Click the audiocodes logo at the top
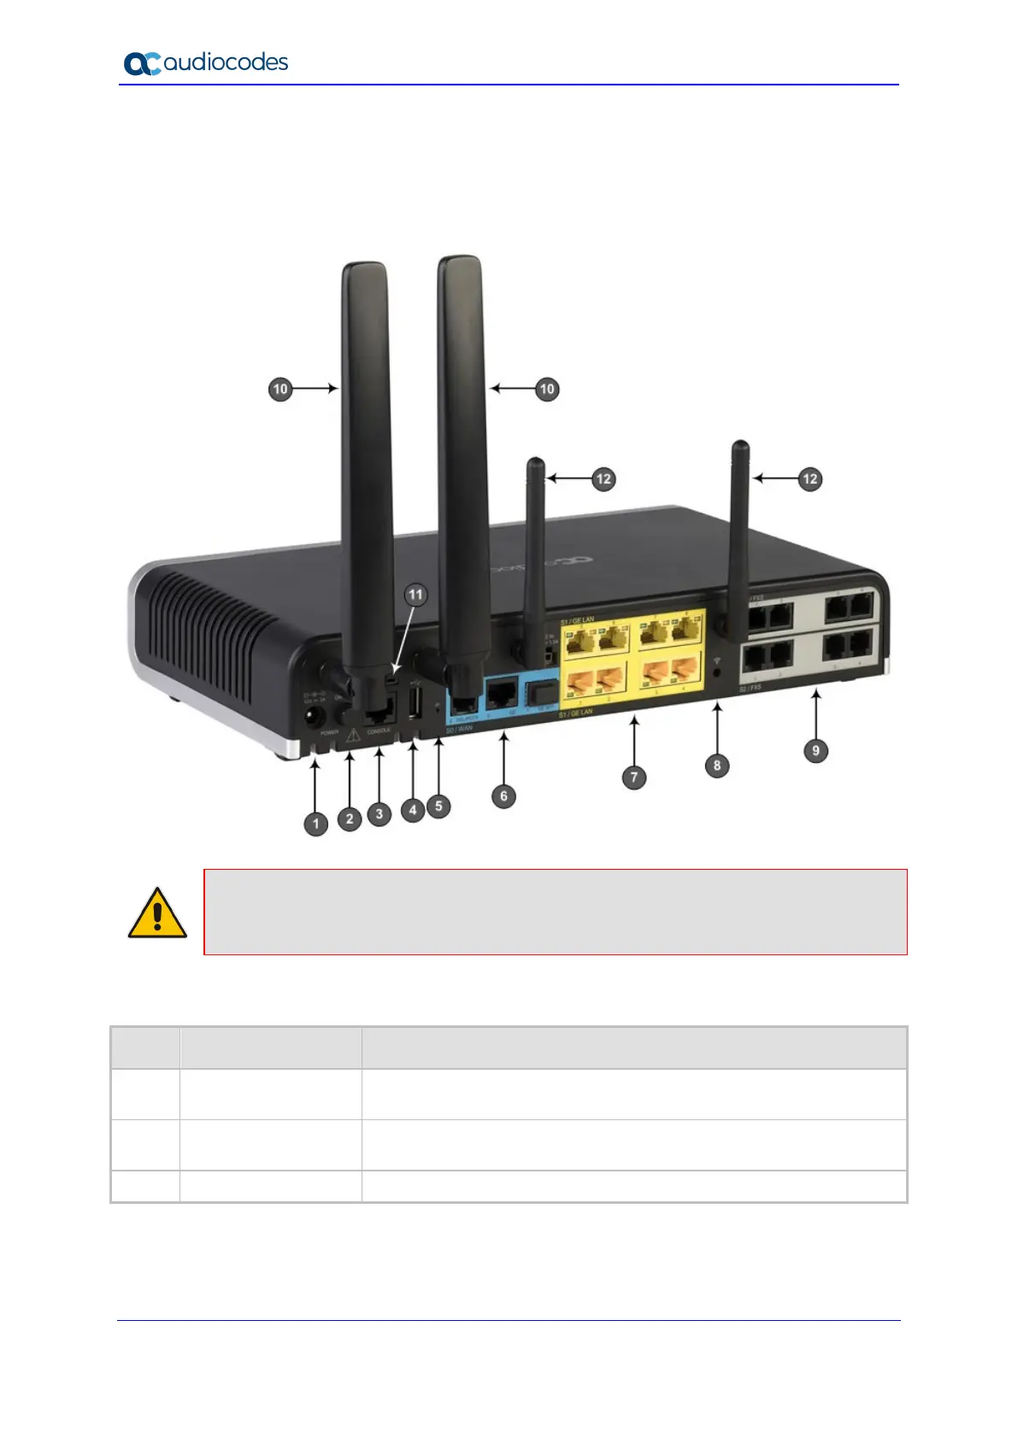point(206,63)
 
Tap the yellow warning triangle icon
point(157,914)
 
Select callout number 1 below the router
point(316,824)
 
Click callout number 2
point(349,819)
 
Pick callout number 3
point(380,814)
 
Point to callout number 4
point(413,809)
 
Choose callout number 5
point(438,805)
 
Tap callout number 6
point(503,796)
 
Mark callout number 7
point(633,778)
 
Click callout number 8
point(717,766)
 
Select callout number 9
point(816,751)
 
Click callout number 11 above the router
point(415,595)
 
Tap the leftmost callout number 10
point(280,390)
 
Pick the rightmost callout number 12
point(809,479)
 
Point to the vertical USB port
point(414,706)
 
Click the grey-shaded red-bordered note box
point(555,912)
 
